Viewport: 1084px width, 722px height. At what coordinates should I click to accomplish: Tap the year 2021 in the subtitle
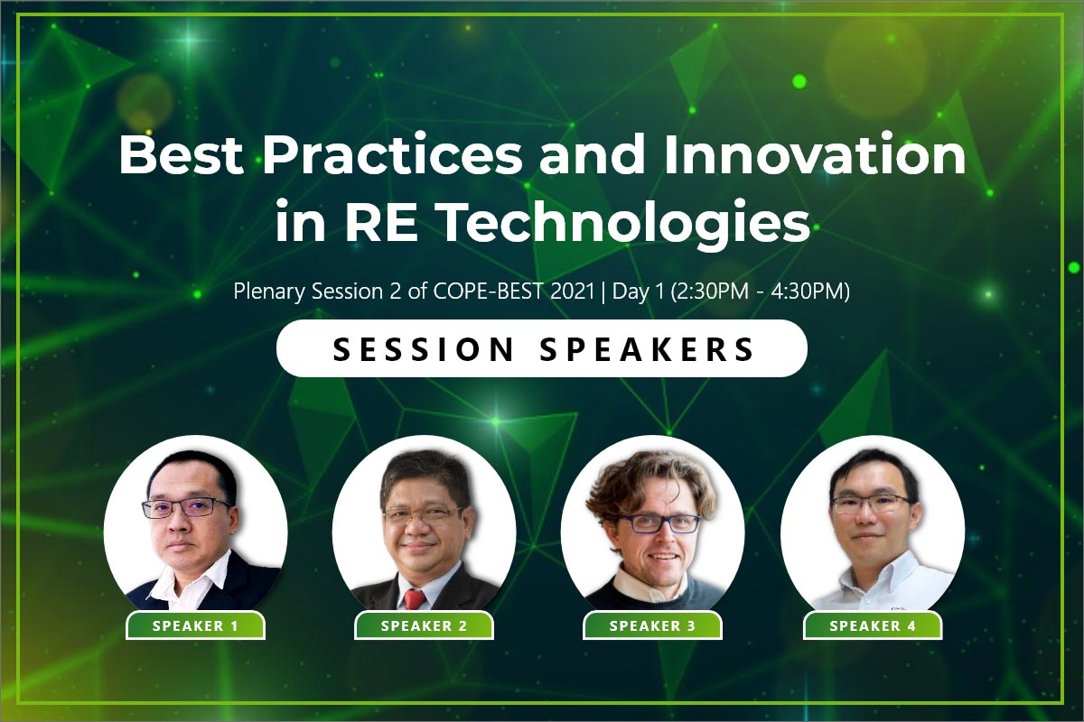click(x=572, y=292)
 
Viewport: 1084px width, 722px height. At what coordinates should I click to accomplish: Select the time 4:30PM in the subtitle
click(x=806, y=292)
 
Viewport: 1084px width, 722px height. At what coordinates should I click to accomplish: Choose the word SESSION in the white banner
click(x=423, y=348)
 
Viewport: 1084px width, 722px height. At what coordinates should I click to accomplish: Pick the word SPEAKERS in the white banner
click(x=647, y=348)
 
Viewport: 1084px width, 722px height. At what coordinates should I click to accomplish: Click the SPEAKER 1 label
click(x=195, y=625)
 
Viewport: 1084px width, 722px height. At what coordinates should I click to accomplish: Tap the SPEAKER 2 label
click(x=424, y=625)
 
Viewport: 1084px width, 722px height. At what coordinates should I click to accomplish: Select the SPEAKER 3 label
click(x=652, y=625)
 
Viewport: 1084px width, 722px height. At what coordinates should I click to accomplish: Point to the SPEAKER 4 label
click(x=873, y=625)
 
